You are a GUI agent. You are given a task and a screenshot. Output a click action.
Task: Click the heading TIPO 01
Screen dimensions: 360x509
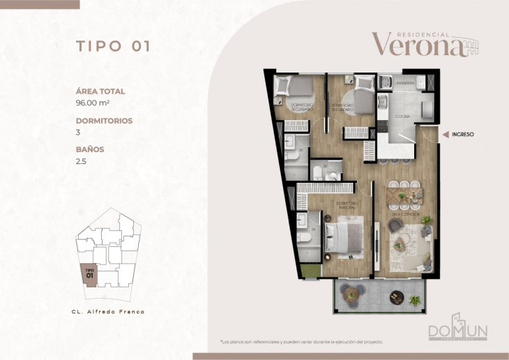click(x=113, y=47)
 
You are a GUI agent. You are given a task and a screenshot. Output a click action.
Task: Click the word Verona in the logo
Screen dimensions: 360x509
click(x=417, y=45)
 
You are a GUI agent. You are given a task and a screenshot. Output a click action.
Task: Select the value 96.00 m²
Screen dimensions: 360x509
click(x=96, y=103)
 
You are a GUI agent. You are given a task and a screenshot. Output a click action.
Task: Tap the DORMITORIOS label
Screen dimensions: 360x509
click(x=104, y=121)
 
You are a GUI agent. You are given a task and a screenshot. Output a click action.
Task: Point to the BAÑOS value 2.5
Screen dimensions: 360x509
click(x=82, y=160)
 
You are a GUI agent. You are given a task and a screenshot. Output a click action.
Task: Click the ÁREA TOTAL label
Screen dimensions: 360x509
click(x=100, y=91)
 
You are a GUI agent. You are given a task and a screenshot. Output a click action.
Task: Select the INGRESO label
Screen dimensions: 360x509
click(x=463, y=134)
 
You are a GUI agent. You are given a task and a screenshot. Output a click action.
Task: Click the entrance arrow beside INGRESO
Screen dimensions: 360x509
click(x=444, y=134)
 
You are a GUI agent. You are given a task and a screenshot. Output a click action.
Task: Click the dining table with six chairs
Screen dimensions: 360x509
click(x=404, y=193)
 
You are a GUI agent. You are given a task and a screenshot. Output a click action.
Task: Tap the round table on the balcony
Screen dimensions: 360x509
click(x=349, y=293)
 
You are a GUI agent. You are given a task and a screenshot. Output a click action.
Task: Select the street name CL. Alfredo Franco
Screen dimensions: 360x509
click(x=108, y=311)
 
